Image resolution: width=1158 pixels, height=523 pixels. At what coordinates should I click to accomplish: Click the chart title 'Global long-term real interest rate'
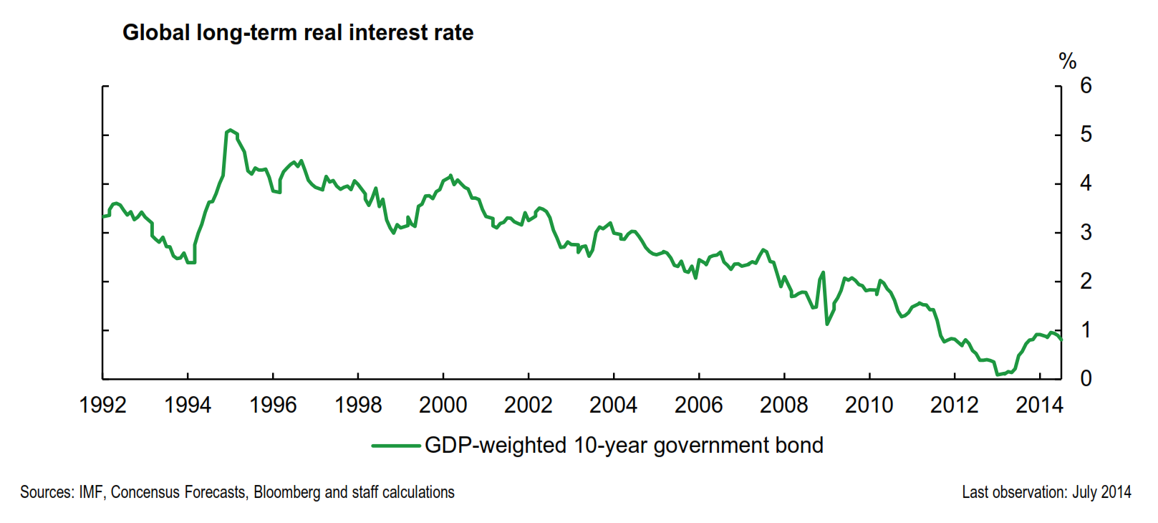point(298,33)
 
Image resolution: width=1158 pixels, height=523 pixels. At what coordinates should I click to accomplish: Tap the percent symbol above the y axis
point(1067,62)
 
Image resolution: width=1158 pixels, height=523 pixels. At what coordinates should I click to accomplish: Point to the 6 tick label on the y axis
point(1086,86)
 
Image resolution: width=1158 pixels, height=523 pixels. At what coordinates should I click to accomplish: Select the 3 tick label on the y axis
point(1086,232)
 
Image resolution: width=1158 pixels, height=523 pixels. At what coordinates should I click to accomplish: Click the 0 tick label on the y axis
point(1086,378)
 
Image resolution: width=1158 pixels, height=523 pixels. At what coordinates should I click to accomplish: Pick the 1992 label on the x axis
point(102,406)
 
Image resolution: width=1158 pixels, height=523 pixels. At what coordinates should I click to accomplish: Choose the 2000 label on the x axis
point(443,406)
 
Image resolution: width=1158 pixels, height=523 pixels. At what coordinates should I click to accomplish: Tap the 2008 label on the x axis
point(783,406)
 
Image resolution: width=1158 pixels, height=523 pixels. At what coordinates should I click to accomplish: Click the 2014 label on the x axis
point(1039,406)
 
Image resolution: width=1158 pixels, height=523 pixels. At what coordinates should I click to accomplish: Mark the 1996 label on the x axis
point(273,406)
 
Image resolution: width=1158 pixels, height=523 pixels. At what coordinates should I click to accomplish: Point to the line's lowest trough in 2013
point(997,374)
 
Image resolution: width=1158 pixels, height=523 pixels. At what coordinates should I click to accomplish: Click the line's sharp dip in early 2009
point(827,324)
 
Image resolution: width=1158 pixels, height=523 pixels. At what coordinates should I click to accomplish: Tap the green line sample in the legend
point(395,446)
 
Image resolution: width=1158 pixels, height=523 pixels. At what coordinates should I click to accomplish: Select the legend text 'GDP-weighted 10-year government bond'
point(624,446)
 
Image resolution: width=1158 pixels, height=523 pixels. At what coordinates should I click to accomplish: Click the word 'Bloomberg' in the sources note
point(287,493)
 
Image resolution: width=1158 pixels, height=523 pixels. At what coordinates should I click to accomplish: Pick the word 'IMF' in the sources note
point(92,493)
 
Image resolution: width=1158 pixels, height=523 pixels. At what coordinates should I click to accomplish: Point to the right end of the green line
point(1061,339)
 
